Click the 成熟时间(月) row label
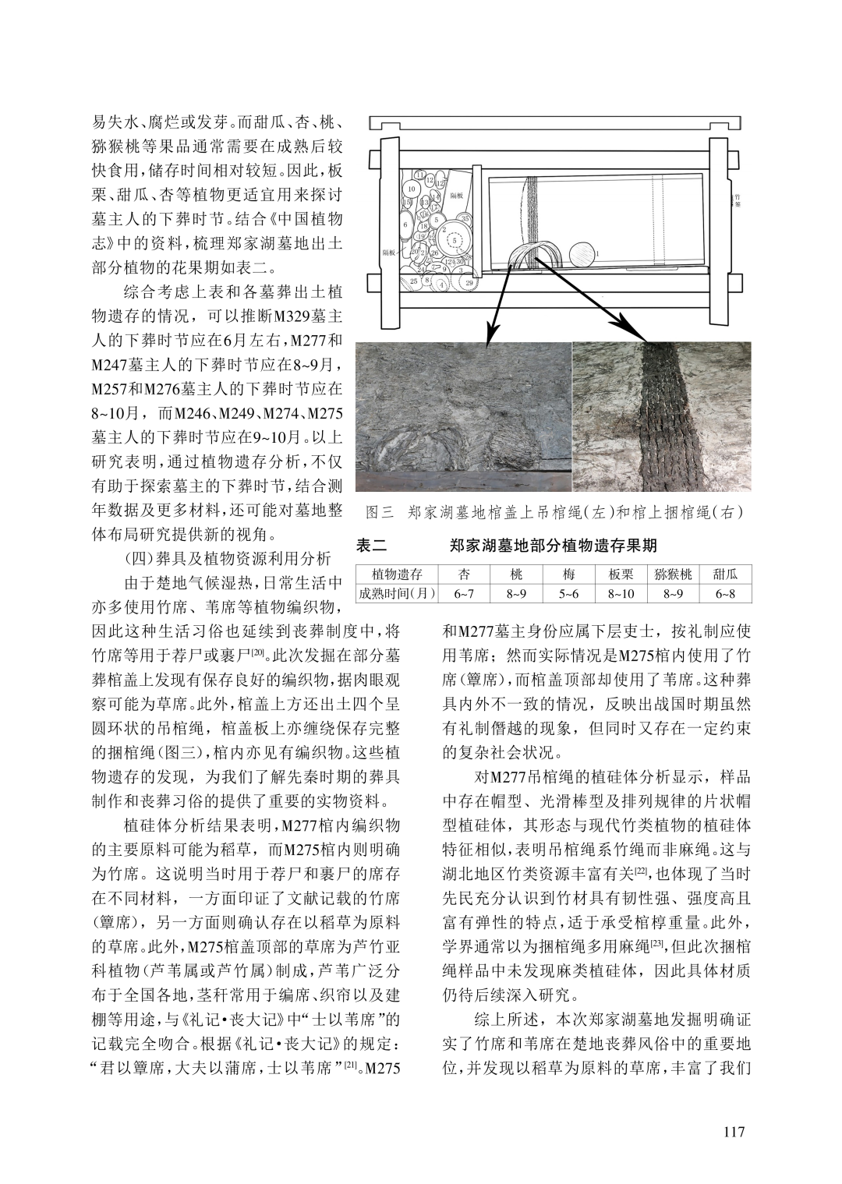tap(396, 595)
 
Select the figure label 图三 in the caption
tap(380, 513)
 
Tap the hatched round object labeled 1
tap(581, 253)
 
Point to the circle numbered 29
tap(469, 282)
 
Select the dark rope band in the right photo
tap(663, 421)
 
